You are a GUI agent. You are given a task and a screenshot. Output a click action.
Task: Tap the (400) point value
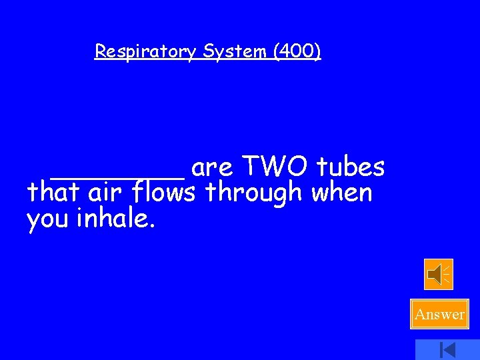click(296, 51)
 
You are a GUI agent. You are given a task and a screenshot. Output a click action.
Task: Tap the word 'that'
click(53, 193)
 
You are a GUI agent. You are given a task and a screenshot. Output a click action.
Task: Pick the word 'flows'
click(164, 193)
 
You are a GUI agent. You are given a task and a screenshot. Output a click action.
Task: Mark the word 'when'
click(342, 193)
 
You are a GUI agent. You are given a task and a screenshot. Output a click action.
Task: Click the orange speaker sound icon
click(439, 274)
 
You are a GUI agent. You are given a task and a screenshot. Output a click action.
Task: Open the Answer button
click(440, 314)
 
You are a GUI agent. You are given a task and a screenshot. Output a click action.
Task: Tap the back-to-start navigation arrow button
click(447, 349)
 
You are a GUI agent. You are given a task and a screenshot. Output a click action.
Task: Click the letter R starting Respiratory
click(101, 51)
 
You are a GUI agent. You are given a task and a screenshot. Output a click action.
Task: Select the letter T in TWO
click(249, 167)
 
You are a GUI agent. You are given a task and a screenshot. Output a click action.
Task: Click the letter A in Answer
click(420, 314)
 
